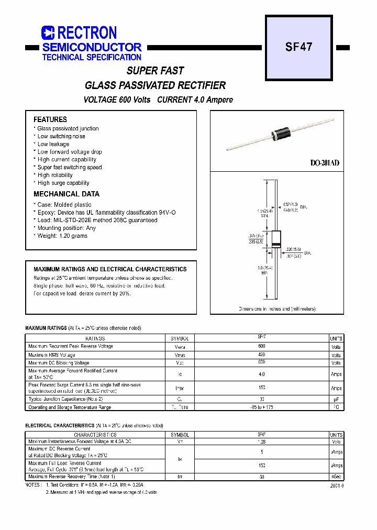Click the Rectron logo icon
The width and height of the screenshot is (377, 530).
[48, 33]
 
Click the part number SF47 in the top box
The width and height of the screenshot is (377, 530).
[298, 47]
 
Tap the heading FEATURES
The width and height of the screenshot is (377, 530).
[50, 119]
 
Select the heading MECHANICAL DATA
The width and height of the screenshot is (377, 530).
[66, 194]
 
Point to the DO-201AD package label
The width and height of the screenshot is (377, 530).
[325, 163]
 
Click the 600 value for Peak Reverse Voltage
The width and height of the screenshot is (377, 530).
[262, 347]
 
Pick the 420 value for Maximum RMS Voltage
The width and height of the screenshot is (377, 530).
[262, 355]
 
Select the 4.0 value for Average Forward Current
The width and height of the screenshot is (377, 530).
[262, 374]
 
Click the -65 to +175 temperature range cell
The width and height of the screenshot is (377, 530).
[262, 407]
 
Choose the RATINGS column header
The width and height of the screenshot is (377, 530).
[95, 339]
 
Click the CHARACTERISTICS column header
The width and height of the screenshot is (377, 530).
[95, 435]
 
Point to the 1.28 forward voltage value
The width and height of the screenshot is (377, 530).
[262, 442]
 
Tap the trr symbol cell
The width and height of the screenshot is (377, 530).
[180, 477]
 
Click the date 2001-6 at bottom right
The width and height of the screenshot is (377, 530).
[337, 485]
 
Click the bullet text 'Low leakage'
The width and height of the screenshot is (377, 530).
[53, 144]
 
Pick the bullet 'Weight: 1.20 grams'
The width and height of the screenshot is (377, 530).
[62, 236]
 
